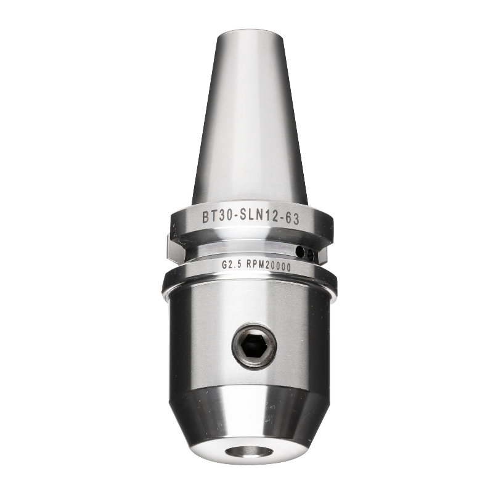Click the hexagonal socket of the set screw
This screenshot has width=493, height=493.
click(x=253, y=347)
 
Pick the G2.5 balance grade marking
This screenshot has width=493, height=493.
click(x=231, y=265)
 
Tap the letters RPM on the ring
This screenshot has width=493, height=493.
click(x=255, y=266)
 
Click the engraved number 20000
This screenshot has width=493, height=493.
click(x=278, y=266)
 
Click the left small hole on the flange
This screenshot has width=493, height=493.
click(x=300, y=252)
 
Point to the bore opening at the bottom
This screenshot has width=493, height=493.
click(x=248, y=452)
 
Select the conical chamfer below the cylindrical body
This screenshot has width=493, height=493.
click(x=250, y=413)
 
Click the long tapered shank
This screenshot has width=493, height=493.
click(x=250, y=123)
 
